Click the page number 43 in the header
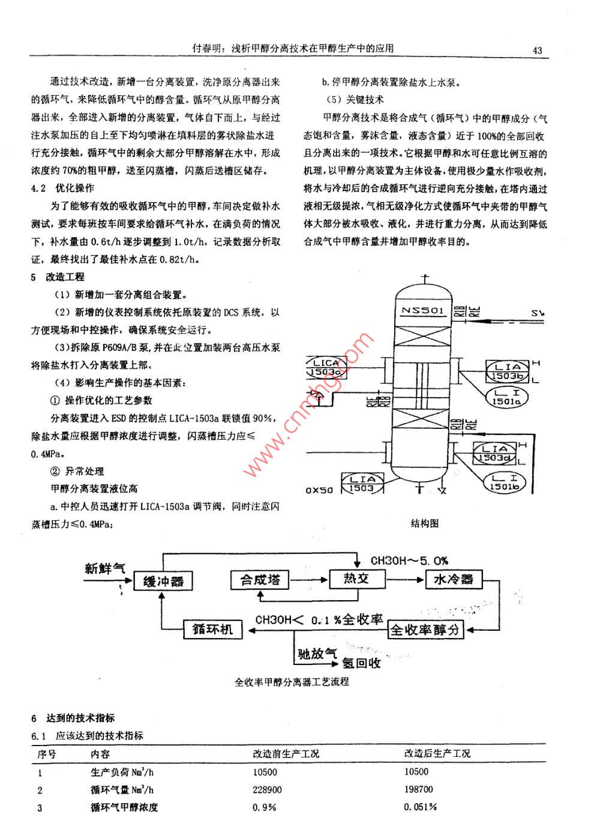coord(536,50)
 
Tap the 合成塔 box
coord(260,580)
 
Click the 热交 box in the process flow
coord(356,579)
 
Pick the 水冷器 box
coord(453,579)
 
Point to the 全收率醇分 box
coord(425,630)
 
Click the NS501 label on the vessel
coord(423,311)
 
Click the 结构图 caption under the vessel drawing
coord(425,523)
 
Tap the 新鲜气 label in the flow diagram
coord(106,568)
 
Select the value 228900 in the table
coord(267,789)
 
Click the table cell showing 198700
coord(418,789)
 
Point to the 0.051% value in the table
coord(420,807)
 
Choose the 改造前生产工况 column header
coord(286,753)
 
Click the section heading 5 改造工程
coord(58,277)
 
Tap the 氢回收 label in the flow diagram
coord(361,663)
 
